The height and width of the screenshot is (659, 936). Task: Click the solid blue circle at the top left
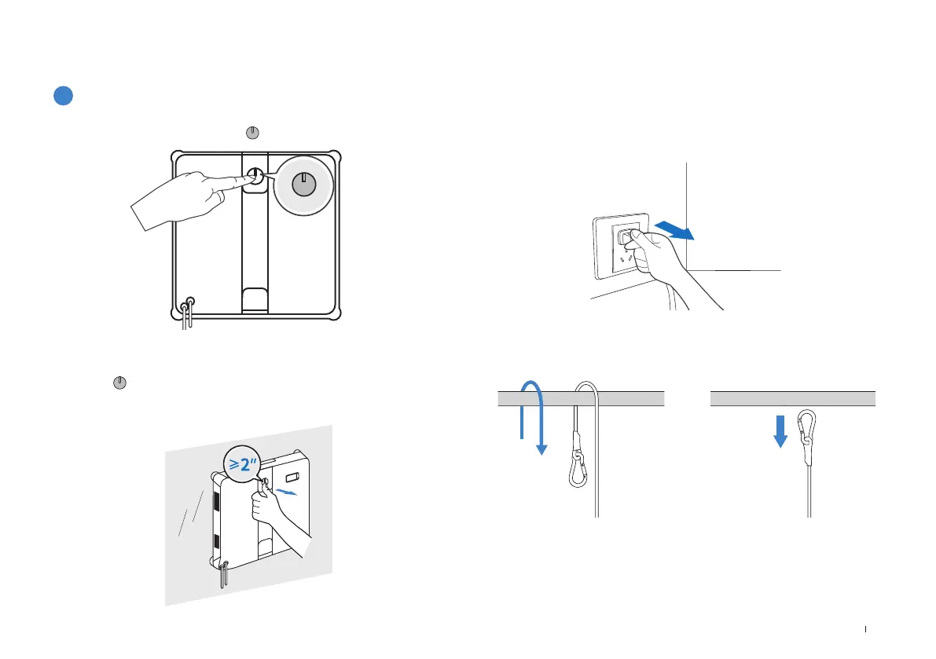pos(64,96)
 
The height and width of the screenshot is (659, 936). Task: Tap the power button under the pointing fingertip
pos(254,177)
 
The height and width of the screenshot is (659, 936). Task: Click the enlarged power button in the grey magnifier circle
pos(303,185)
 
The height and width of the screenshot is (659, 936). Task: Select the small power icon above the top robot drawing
pos(253,133)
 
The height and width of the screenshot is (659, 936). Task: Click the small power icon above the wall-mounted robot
pos(118,383)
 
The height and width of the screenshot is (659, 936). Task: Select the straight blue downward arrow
pos(780,431)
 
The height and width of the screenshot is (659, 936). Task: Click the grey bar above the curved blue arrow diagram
pos(582,397)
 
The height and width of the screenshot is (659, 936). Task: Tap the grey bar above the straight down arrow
pos(793,397)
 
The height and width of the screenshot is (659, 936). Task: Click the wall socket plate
pos(621,245)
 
